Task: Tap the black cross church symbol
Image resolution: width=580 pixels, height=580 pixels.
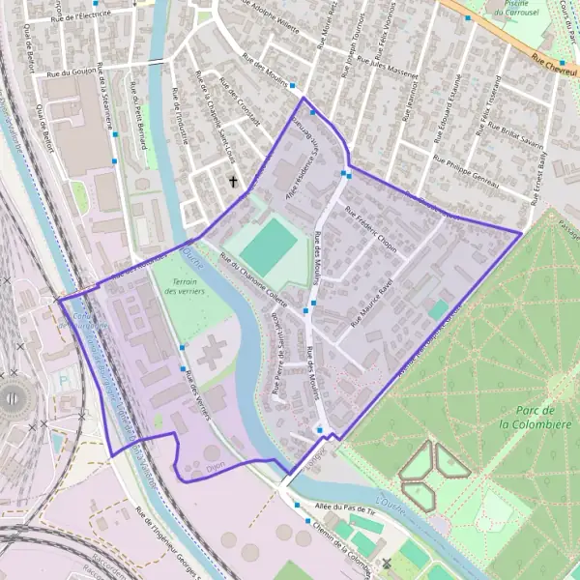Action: (233, 181)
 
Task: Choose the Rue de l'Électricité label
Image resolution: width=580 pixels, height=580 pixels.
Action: (81, 14)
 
